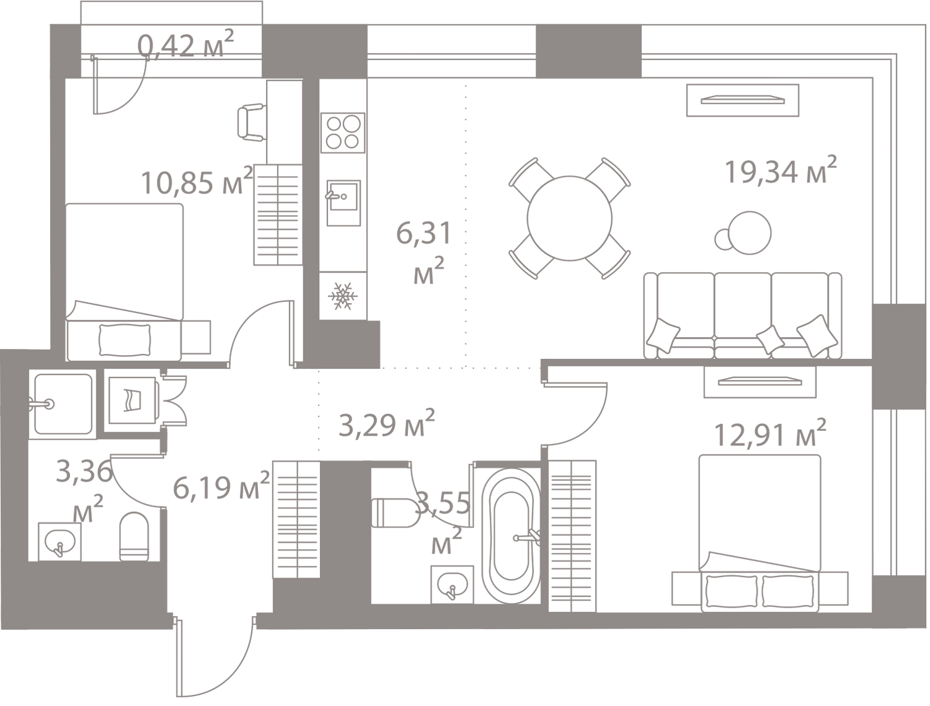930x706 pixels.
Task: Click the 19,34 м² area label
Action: [781, 170]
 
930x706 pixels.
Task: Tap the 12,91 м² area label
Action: [770, 433]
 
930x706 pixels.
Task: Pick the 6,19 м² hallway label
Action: [221, 485]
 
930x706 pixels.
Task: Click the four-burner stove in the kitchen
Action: [343, 133]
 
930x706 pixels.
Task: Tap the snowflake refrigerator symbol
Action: [343, 296]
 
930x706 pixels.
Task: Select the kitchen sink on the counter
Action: [343, 203]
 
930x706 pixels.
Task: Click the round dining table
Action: [569, 218]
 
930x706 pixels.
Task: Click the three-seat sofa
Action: [743, 315]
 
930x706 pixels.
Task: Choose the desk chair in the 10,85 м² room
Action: [252, 122]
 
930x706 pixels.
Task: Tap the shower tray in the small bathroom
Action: [63, 404]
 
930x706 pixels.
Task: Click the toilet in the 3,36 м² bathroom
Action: [135, 536]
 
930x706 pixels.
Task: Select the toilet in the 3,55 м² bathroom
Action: [394, 513]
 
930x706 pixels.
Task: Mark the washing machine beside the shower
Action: [132, 401]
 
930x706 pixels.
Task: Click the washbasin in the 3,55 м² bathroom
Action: [452, 585]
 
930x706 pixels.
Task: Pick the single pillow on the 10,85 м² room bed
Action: [125, 340]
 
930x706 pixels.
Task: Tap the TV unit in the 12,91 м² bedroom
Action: [759, 382]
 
